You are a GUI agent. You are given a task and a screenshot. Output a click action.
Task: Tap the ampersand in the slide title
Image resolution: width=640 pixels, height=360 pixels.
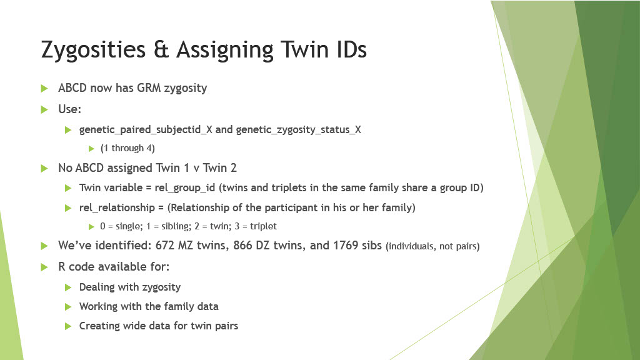click(x=162, y=50)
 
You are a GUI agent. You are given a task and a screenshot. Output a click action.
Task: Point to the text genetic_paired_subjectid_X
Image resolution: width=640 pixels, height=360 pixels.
click(x=146, y=130)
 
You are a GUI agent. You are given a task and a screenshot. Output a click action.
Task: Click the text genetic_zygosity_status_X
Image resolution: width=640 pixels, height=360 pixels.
click(x=299, y=130)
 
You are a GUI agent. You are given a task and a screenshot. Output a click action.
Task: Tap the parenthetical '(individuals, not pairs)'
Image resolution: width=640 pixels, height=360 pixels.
click(x=432, y=247)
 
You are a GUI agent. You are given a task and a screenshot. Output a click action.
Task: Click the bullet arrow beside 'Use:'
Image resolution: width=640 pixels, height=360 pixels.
click(x=44, y=109)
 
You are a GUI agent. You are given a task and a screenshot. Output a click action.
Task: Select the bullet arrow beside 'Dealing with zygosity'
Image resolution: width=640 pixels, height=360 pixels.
click(x=69, y=287)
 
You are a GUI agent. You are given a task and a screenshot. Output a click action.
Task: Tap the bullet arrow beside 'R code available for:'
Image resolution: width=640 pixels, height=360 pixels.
click(x=44, y=266)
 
